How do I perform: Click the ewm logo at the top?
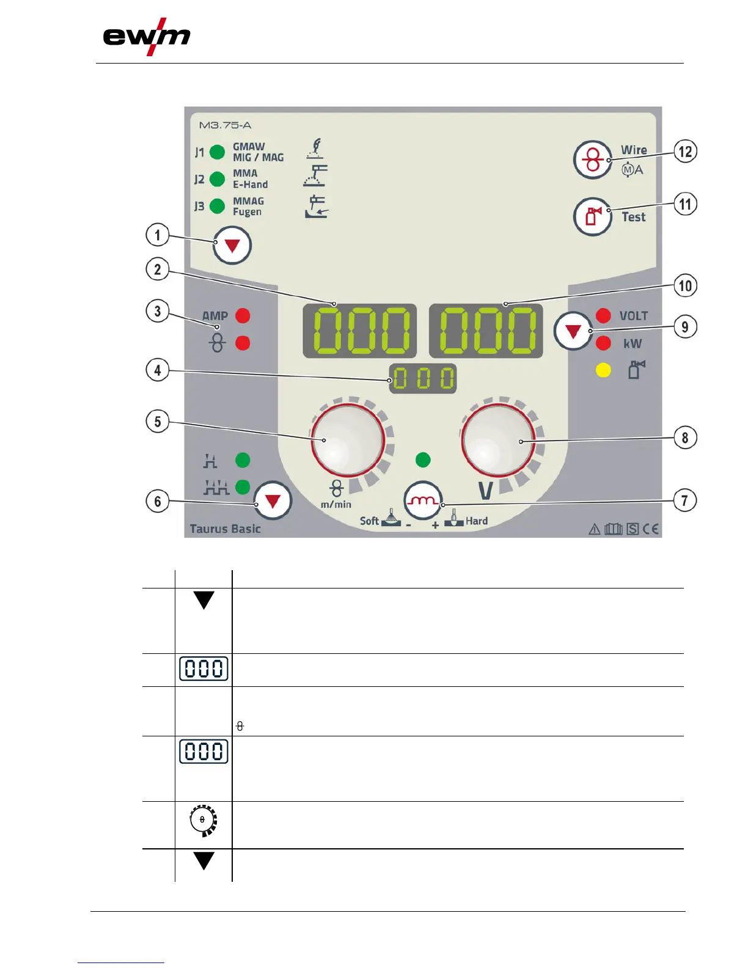point(147,37)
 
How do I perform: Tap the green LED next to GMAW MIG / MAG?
point(217,152)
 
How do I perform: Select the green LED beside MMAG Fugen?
point(217,206)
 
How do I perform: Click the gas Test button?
point(592,216)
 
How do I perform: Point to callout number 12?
point(685,152)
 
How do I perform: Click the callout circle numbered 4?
point(158,370)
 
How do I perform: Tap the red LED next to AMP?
point(243,316)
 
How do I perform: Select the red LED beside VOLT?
point(603,315)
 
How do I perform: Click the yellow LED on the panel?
point(603,370)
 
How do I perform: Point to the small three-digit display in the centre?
point(423,379)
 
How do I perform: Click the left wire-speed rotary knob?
point(348,439)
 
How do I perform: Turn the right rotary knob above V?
point(498,439)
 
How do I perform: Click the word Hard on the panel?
point(477,521)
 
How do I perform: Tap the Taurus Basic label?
point(225,529)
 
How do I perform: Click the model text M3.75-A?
point(225,125)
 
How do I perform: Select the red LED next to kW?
point(603,343)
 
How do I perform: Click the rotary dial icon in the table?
point(204,820)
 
